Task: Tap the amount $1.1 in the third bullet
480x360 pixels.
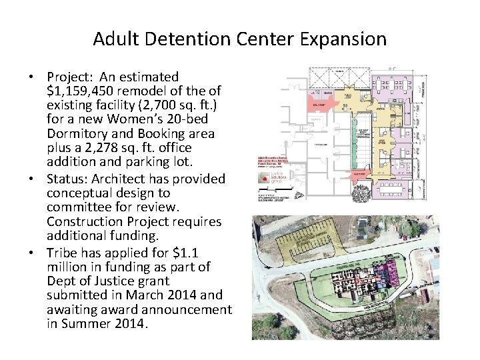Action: tap(189, 252)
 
